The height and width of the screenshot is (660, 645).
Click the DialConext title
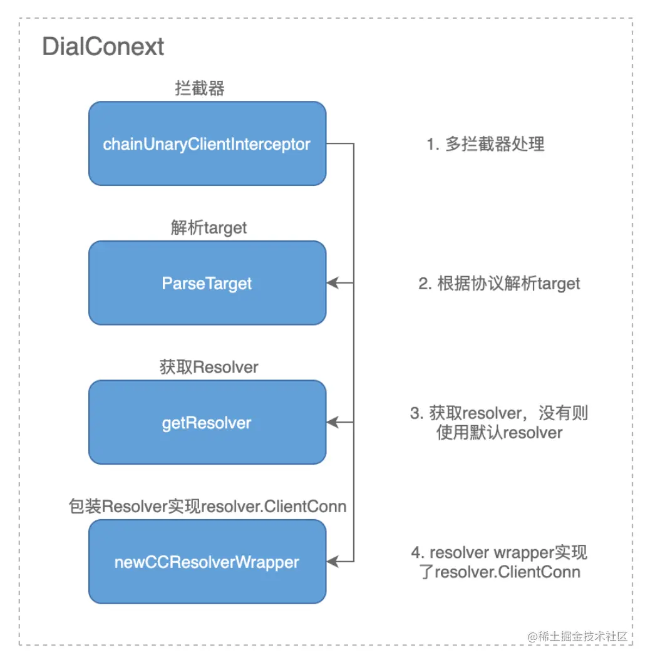pyautogui.click(x=103, y=47)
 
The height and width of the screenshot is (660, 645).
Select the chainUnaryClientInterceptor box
pyautogui.click(x=207, y=144)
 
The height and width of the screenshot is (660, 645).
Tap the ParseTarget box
pyautogui.click(x=207, y=283)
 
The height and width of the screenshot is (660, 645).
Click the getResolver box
pyautogui.click(x=207, y=423)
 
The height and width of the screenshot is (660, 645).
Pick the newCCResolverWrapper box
pyautogui.click(x=207, y=562)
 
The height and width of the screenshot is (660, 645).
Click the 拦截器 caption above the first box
pyautogui.click(x=199, y=88)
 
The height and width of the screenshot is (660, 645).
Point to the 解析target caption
pyautogui.click(x=209, y=228)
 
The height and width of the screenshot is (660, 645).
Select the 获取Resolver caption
pyautogui.click(x=209, y=367)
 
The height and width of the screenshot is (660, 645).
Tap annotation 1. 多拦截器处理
pyautogui.click(x=485, y=144)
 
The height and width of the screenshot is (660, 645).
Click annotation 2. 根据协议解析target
pyautogui.click(x=499, y=283)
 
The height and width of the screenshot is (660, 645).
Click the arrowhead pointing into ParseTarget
pyautogui.click(x=333, y=283)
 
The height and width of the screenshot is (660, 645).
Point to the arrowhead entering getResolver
pyautogui.click(x=333, y=423)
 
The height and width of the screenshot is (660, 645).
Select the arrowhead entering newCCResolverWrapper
pyautogui.click(x=333, y=562)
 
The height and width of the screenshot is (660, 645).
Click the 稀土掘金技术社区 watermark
pyautogui.click(x=577, y=636)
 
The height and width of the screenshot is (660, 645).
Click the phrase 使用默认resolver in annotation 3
pyautogui.click(x=499, y=433)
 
